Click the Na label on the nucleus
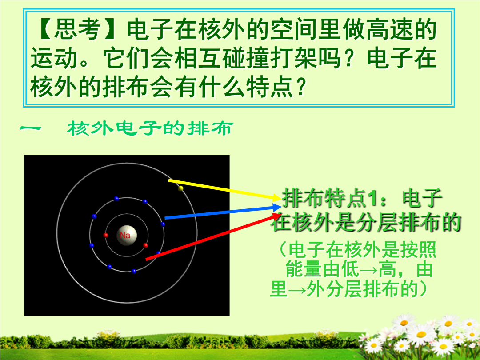pyautogui.click(x=125, y=235)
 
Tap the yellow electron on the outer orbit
pyautogui.click(x=180, y=188)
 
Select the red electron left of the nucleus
pyautogui.click(x=106, y=235)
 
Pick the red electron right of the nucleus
pyautogui.click(x=145, y=245)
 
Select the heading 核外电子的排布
pyautogui.click(x=150, y=128)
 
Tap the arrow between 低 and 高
pyautogui.click(x=368, y=270)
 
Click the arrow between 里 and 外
pyautogui.click(x=296, y=289)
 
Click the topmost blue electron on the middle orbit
pyautogui.click(x=116, y=199)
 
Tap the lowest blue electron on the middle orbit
pyautogui.click(x=134, y=271)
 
